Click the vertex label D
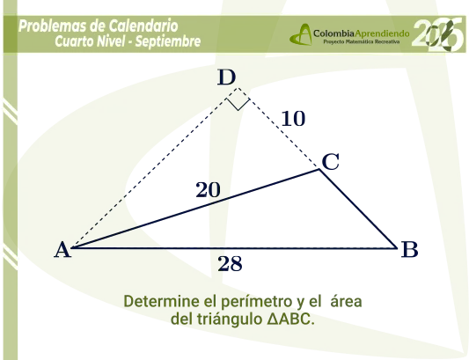tap(226, 77)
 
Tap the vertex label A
tap(62, 250)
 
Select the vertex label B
tap(409, 249)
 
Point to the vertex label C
tap(331, 162)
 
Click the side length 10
tap(293, 119)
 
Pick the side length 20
tap(209, 190)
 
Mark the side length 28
tap(230, 264)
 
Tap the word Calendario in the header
tap(143, 26)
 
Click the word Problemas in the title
tap(53, 26)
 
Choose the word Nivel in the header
tap(110, 41)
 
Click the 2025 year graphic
tap(438, 34)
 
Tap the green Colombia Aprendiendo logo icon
tap(301, 34)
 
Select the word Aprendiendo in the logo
tap(382, 33)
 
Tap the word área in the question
tap(346, 301)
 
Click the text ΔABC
tap(290, 319)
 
